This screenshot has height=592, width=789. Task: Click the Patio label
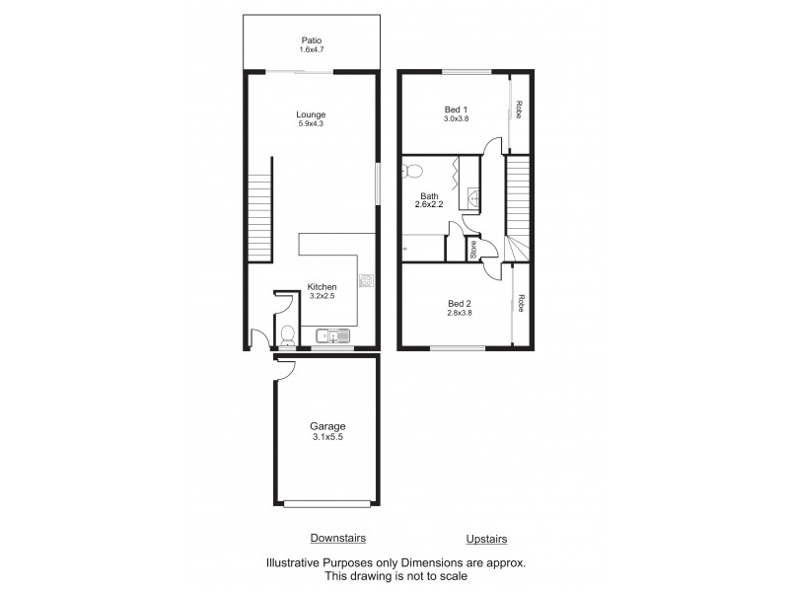click(312, 40)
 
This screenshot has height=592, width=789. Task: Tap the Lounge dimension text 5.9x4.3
click(311, 124)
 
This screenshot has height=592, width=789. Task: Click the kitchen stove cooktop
click(366, 281)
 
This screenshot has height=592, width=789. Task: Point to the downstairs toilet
click(287, 334)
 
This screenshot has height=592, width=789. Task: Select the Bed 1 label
click(455, 109)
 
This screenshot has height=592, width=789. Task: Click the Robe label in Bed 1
click(520, 111)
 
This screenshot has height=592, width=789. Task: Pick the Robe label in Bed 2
click(521, 304)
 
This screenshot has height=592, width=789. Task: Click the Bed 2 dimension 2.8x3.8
click(460, 314)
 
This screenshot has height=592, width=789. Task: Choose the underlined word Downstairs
click(338, 538)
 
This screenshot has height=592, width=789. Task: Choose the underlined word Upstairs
click(486, 539)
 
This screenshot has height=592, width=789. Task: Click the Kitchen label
click(323, 287)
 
